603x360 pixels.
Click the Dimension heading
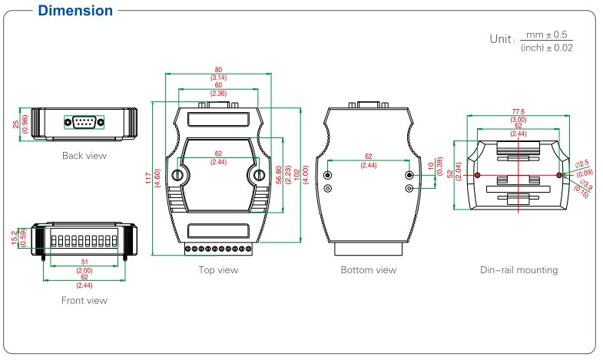coord(75,11)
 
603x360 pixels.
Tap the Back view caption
coord(84,156)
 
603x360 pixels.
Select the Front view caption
coord(84,300)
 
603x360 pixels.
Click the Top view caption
coord(218,270)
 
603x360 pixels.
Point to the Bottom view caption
coord(369,270)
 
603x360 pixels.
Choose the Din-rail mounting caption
coord(519,270)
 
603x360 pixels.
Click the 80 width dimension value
coord(218,70)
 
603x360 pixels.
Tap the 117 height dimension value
coord(148,178)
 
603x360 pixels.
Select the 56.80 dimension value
coord(279,175)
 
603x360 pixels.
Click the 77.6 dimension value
coord(519,111)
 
